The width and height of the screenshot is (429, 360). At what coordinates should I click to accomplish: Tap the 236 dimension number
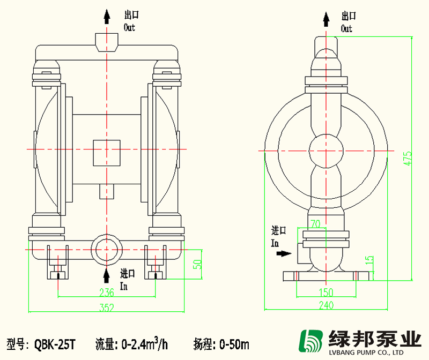(107, 292)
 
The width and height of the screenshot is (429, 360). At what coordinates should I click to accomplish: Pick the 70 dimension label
(315, 224)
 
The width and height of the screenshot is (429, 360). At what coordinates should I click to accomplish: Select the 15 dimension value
(369, 260)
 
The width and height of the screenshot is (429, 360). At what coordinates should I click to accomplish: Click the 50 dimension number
(197, 264)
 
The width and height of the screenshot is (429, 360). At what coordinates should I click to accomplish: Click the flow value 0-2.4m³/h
(144, 342)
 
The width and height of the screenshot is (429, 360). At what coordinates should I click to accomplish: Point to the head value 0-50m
(231, 343)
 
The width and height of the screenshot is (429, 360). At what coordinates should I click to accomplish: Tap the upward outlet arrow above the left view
(107, 17)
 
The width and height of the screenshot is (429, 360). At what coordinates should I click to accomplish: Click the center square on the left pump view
(107, 152)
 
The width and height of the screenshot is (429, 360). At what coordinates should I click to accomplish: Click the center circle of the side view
(326, 151)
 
